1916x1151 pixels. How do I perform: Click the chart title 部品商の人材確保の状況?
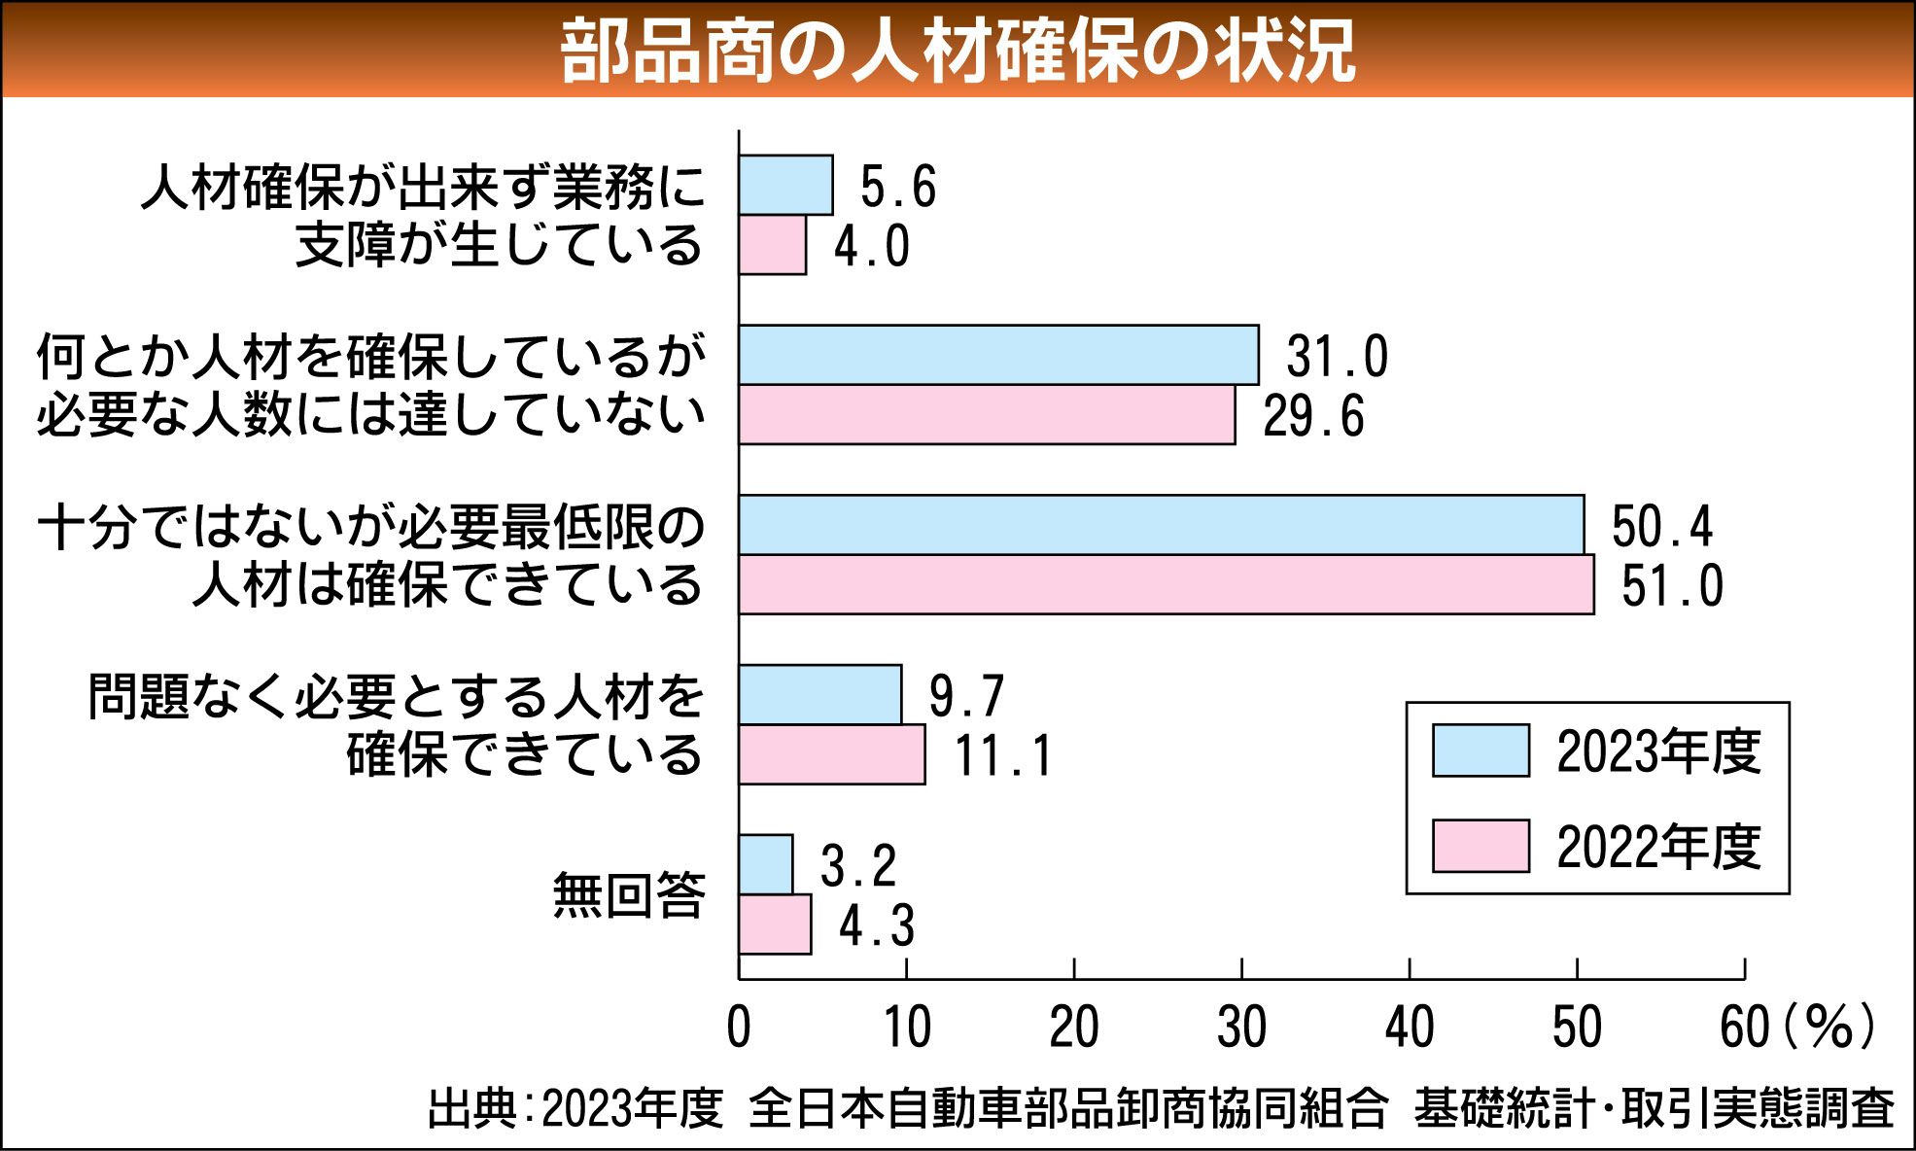pos(958,51)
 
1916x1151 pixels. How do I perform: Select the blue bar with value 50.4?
pos(1161,525)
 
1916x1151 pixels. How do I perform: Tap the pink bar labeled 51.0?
pos(1166,584)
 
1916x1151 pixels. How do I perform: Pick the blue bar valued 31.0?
pos(998,355)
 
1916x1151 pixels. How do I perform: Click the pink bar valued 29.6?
pos(987,415)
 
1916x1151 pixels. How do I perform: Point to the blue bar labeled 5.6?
pos(785,185)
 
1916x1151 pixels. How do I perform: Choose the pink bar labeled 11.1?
pos(831,754)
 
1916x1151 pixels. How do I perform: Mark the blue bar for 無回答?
pos(765,864)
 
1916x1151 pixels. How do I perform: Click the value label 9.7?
pos(966,696)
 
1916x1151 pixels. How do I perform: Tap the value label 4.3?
pos(877,925)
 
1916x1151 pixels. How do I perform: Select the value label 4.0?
pos(872,246)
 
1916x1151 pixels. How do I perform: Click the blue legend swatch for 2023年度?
pos(1481,750)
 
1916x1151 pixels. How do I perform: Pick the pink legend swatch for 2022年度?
pos(1481,846)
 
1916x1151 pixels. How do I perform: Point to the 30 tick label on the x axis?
pos(1241,1028)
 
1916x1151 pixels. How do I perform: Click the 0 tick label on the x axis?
pos(739,1028)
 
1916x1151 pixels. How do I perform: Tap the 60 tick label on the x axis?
pos(1744,1028)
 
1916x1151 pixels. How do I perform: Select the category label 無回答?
pos(629,895)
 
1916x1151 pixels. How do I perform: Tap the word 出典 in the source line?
pos(472,1109)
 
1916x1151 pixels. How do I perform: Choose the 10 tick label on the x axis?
pos(906,1028)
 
